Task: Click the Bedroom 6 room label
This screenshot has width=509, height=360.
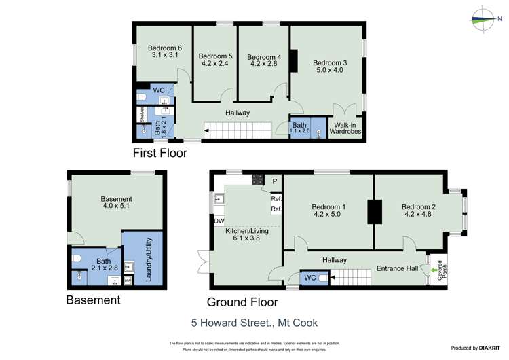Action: (166, 52)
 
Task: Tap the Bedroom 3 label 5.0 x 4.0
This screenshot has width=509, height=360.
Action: (330, 67)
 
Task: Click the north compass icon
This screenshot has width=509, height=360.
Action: (483, 19)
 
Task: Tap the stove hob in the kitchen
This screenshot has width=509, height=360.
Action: (259, 179)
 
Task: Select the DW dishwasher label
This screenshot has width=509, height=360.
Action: (219, 221)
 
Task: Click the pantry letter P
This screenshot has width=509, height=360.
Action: (274, 181)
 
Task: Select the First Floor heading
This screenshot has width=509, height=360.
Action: (159, 153)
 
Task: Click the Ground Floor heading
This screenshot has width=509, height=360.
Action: (242, 301)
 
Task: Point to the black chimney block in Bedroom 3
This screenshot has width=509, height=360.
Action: (293, 61)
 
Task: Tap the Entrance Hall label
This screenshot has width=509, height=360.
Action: (397, 269)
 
